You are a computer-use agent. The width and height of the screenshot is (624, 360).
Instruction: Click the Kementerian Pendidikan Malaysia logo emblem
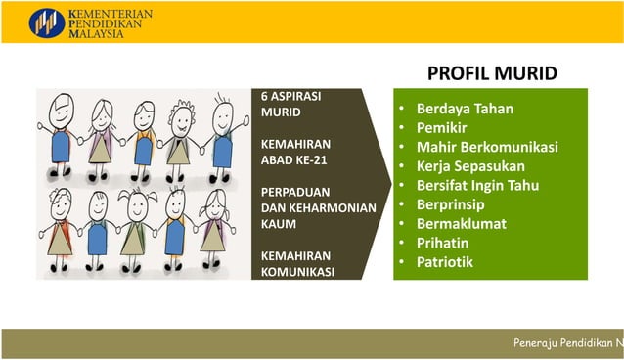click(x=46, y=22)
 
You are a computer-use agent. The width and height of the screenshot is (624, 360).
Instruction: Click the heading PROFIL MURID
click(x=492, y=73)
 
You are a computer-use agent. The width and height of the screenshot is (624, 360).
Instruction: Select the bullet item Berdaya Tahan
click(x=465, y=109)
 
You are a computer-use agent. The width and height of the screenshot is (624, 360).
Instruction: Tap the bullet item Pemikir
click(x=441, y=128)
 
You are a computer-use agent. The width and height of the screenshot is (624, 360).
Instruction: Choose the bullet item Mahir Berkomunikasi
click(x=487, y=147)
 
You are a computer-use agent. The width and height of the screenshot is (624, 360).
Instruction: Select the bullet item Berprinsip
click(x=451, y=204)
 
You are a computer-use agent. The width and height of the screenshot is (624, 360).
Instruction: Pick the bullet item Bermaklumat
click(x=461, y=223)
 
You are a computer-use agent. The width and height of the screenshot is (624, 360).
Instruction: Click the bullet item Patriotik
click(x=445, y=262)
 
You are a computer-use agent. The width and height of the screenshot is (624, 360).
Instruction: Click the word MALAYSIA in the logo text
click(x=98, y=33)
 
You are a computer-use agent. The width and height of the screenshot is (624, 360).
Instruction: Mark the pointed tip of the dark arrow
click(x=390, y=183)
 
